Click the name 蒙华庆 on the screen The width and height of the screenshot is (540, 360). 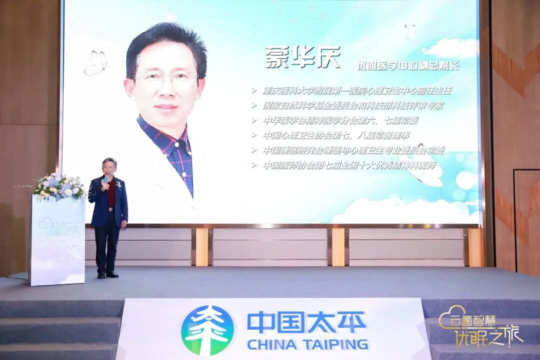[x=303, y=57]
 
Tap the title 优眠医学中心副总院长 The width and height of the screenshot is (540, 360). [x=408, y=65]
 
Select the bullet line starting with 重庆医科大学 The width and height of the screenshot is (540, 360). [x=357, y=91]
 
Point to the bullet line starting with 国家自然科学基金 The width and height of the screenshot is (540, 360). [x=352, y=106]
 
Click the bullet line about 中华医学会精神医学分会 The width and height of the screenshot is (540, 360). [x=340, y=120]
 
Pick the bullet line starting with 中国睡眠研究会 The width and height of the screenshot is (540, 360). [x=353, y=150]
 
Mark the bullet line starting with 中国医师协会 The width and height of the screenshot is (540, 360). [x=349, y=165]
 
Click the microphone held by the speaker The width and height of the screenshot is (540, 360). [x=106, y=180]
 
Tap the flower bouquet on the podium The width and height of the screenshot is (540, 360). [x=59, y=186]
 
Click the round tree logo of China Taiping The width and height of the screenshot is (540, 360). [x=207, y=330]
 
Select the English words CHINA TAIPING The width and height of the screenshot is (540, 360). [x=307, y=344]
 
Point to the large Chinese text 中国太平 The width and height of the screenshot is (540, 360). [x=306, y=322]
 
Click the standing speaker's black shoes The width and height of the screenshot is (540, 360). [x=107, y=274]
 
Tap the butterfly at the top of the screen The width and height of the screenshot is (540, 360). [x=410, y=31]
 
